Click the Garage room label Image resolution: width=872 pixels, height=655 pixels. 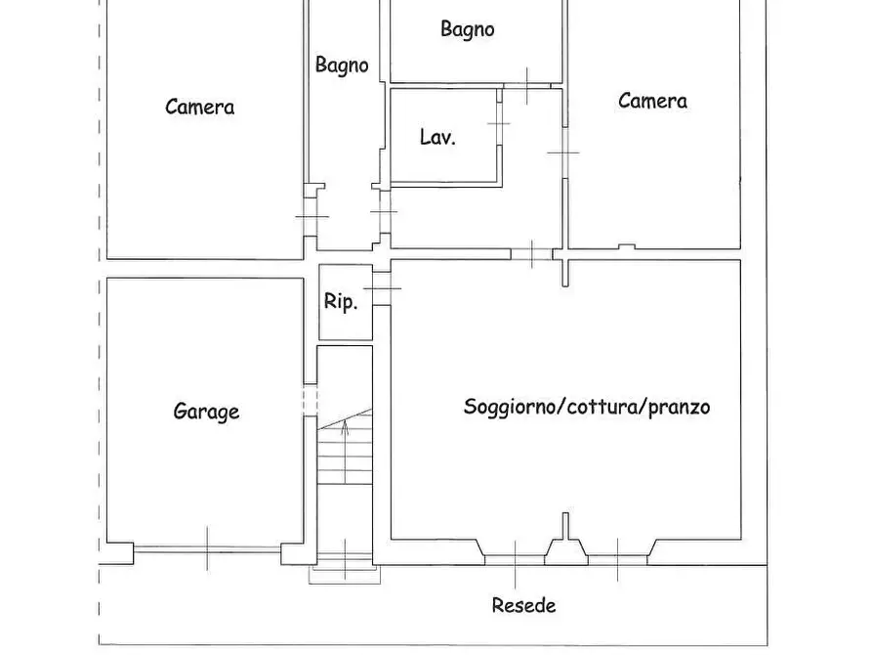(x=206, y=412)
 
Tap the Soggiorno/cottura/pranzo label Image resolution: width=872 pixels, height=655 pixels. (x=586, y=407)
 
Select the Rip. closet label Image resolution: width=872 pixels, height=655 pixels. (x=341, y=302)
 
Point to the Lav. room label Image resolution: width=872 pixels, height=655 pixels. (x=437, y=138)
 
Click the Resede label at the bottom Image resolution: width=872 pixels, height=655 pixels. (x=523, y=605)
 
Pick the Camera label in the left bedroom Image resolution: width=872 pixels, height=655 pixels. (x=199, y=107)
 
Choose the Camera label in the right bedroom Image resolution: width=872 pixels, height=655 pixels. (x=652, y=100)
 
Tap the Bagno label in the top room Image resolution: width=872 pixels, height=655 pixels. (x=467, y=29)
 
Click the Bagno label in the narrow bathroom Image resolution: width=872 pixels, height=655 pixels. (x=342, y=65)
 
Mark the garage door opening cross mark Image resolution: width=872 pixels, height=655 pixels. (x=208, y=547)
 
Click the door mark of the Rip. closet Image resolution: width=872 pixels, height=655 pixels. (x=382, y=286)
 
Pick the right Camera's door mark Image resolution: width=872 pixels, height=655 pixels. (x=563, y=153)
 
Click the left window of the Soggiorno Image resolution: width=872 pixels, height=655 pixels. (x=516, y=558)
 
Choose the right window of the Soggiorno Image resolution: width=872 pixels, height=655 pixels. (x=617, y=558)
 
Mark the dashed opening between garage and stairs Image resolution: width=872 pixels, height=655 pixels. (x=311, y=401)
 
